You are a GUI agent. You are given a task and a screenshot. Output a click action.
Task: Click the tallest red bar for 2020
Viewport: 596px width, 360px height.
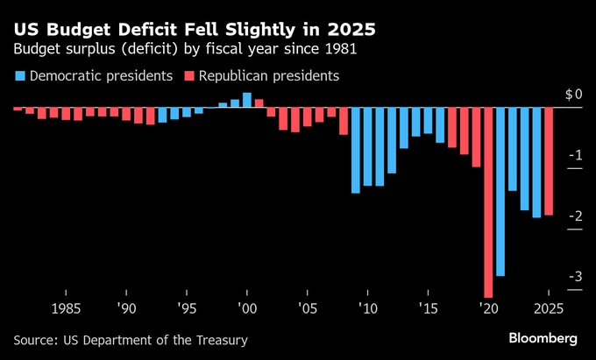(x=488, y=201)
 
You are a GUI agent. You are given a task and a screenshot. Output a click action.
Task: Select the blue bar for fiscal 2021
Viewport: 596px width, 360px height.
(x=500, y=191)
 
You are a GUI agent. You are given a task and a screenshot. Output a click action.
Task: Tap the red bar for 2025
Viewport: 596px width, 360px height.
(x=549, y=161)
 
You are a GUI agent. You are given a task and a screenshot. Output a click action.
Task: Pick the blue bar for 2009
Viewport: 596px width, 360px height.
(x=356, y=150)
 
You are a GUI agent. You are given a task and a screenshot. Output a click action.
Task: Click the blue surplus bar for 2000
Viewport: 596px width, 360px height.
(x=247, y=100)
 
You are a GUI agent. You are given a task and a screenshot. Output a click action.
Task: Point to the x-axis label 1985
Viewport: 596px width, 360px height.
(x=67, y=309)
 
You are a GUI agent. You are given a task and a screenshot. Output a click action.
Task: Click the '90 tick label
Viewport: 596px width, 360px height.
(x=126, y=309)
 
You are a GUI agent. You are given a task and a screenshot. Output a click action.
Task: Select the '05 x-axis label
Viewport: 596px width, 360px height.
(x=307, y=309)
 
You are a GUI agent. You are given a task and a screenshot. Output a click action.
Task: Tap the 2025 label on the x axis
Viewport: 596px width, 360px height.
(x=548, y=309)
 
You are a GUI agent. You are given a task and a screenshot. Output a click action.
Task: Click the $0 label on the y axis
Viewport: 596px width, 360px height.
(x=573, y=94)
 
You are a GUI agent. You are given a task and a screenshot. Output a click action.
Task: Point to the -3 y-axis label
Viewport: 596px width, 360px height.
(x=576, y=278)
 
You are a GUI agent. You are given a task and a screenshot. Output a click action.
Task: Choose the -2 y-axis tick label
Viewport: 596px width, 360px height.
(x=576, y=216)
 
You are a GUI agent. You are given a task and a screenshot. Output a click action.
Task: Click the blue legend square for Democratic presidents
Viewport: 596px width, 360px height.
(x=19, y=76)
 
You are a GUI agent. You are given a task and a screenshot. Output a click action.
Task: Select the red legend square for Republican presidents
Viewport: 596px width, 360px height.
(x=188, y=76)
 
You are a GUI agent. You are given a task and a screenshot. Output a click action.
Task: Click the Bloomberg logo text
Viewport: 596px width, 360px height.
(x=543, y=338)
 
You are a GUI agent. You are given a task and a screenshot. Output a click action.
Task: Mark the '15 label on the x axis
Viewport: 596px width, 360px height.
(x=428, y=309)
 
